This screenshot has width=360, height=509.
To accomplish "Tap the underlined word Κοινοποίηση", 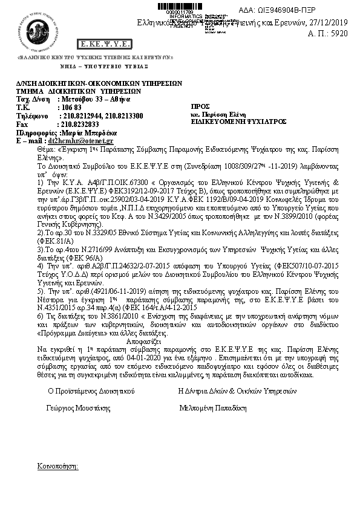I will pyautogui.click(x=56, y=467).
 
